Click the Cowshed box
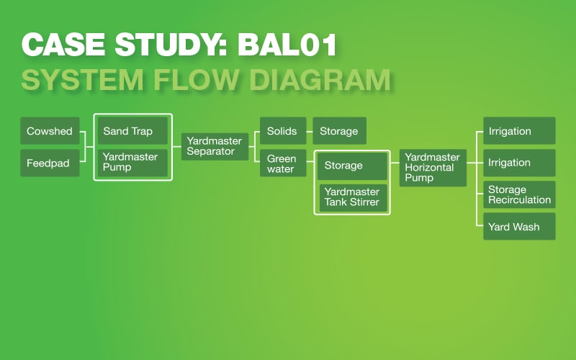tap(50, 131)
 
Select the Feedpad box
tap(50, 163)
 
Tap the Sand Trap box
tap(132, 131)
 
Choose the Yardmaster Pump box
tap(132, 163)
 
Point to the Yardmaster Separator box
tap(215, 147)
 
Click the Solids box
tap(283, 131)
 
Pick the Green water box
tap(283, 163)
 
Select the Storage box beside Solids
tap(339, 131)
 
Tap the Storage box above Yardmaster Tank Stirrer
tap(352, 166)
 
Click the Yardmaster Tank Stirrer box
tap(354, 197)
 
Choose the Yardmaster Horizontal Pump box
tap(433, 168)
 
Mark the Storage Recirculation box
tap(519, 194)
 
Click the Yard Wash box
tap(519, 226)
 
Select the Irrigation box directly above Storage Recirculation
tap(519, 163)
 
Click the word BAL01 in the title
tap(287, 45)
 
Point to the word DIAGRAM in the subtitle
tap(320, 79)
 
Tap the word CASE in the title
tap(63, 45)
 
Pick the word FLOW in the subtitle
tap(196, 79)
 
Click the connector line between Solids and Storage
tap(310, 131)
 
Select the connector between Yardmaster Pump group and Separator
tap(176, 147)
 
